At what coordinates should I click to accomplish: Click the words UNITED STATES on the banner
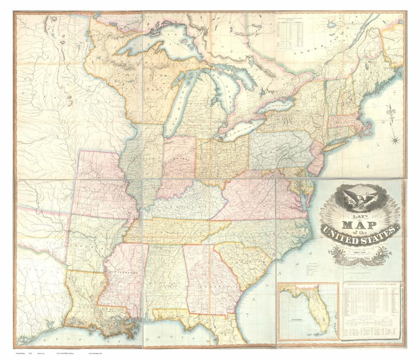point(360,236)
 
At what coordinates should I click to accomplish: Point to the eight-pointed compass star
point(395,140)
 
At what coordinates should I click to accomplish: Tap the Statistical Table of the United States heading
point(371,285)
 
